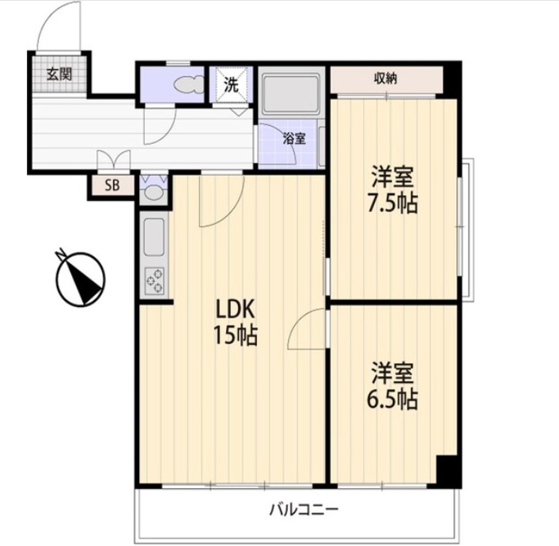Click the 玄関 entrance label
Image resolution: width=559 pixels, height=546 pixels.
[59, 74]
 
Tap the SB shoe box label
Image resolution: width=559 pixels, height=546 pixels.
[112, 186]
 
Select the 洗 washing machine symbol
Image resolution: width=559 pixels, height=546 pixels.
[231, 85]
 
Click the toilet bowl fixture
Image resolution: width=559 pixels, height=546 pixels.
[188, 85]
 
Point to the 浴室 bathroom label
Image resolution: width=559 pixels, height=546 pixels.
[294, 138]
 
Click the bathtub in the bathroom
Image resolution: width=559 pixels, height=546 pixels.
[290, 94]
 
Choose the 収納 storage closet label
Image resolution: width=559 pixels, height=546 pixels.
[386, 78]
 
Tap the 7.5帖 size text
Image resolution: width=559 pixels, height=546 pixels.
[392, 204]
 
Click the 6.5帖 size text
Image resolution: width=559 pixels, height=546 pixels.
[392, 400]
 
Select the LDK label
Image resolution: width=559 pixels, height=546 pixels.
[236, 309]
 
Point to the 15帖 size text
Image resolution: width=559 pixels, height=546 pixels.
[236, 335]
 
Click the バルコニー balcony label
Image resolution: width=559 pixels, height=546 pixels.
[303, 510]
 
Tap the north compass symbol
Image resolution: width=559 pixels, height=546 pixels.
[81, 279]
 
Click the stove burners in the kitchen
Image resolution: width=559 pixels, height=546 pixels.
[154, 281]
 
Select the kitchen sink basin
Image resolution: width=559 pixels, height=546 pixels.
[154, 237]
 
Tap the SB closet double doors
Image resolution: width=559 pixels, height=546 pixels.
[114, 160]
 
